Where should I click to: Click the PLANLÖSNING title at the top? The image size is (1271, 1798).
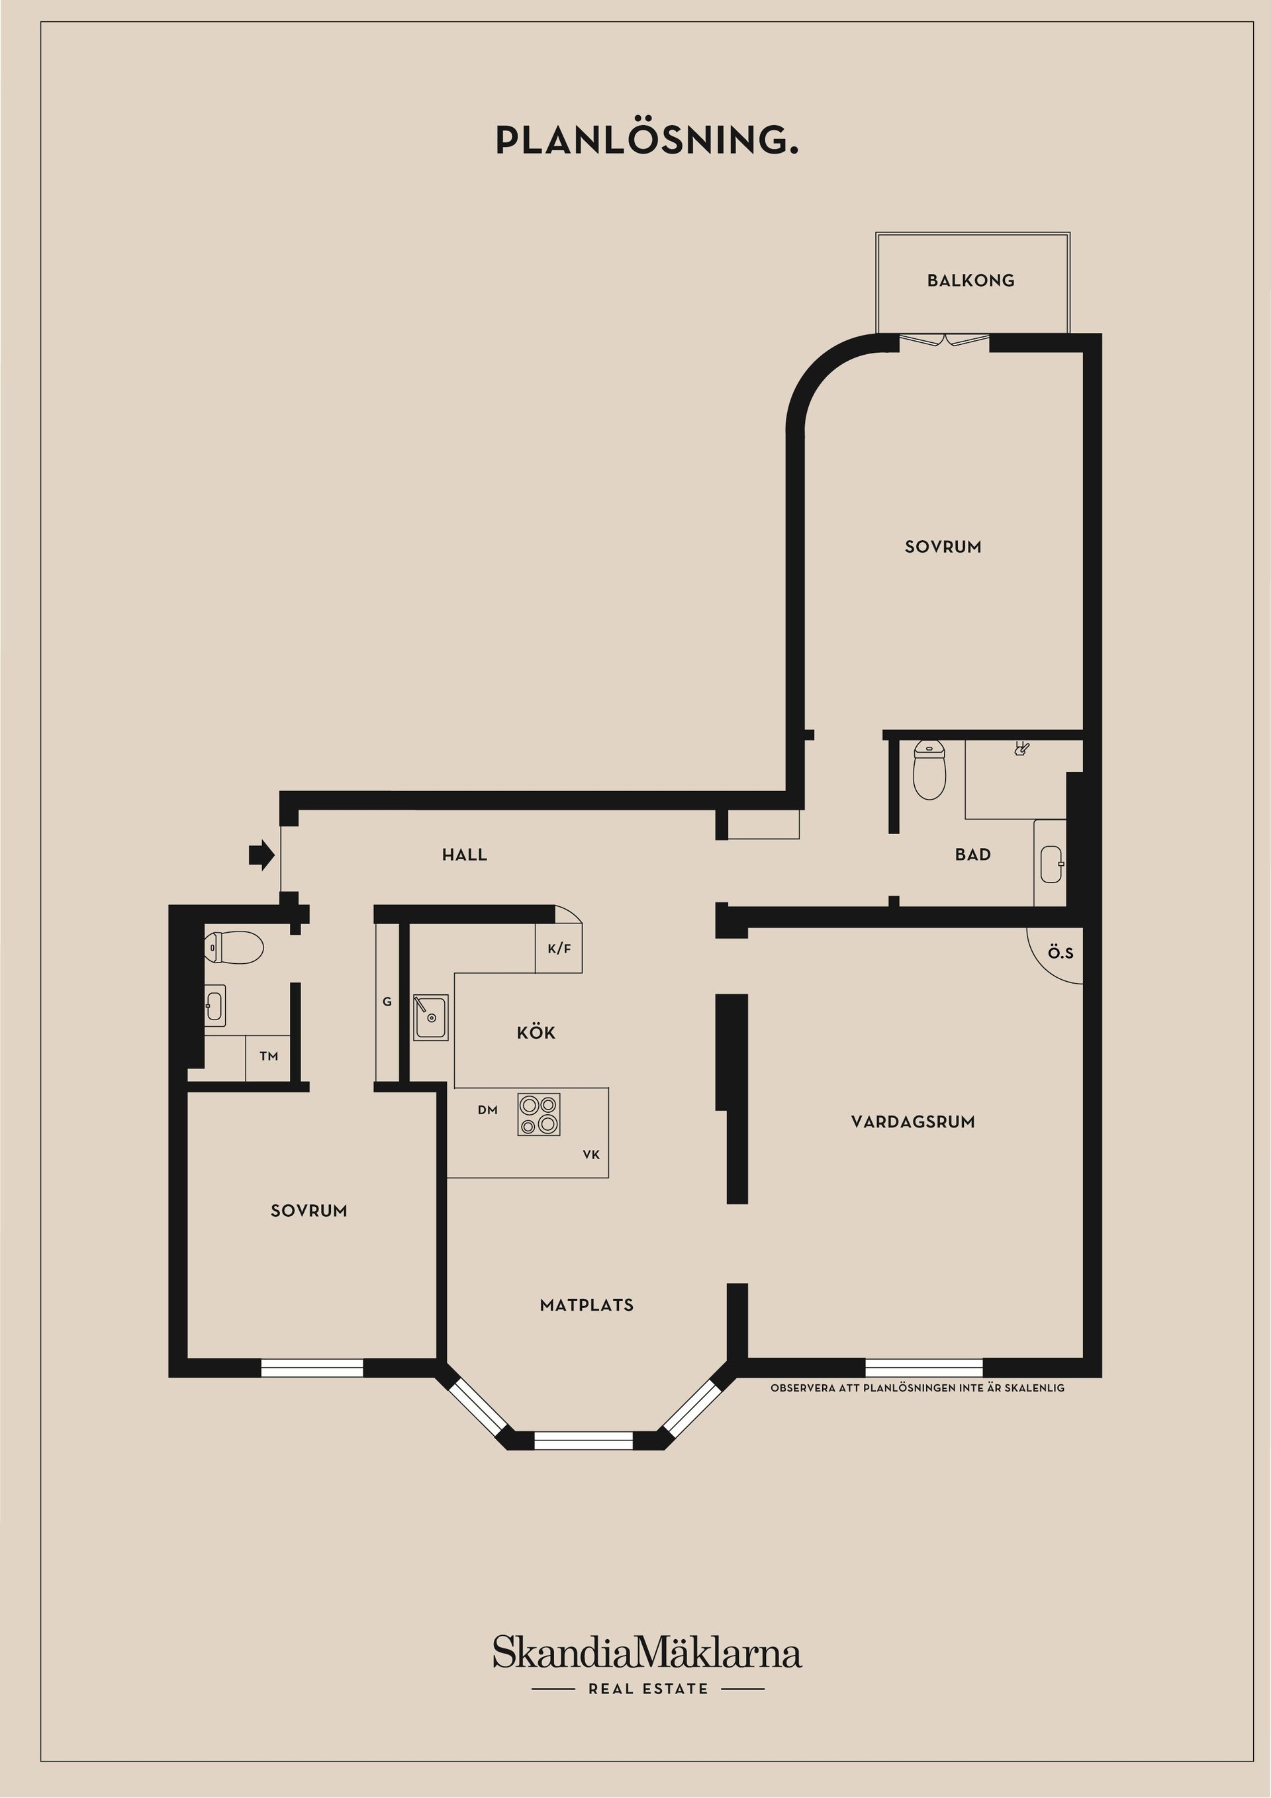pyautogui.click(x=647, y=140)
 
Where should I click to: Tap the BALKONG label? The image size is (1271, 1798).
pyautogui.click(x=970, y=280)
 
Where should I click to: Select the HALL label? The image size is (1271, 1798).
pyautogui.click(x=465, y=855)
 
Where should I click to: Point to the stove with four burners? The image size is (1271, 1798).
pyautogui.click(x=539, y=1114)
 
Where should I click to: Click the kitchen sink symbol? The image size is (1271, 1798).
pyautogui.click(x=431, y=1017)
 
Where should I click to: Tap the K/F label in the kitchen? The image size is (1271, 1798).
pyautogui.click(x=559, y=949)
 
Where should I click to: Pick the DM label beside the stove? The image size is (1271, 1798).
pyautogui.click(x=488, y=1110)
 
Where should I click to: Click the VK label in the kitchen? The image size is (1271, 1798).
pyautogui.click(x=591, y=1155)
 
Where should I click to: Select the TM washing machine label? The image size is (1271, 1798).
pyautogui.click(x=269, y=1057)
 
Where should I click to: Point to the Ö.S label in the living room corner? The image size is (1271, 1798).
pyautogui.click(x=1060, y=953)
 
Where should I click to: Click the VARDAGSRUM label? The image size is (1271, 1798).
pyautogui.click(x=912, y=1121)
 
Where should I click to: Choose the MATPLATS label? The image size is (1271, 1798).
pyautogui.click(x=587, y=1305)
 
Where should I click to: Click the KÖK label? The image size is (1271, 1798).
pyautogui.click(x=536, y=1033)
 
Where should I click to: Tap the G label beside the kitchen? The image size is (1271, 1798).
pyautogui.click(x=387, y=1002)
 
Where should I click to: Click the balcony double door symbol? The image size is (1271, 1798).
pyautogui.click(x=945, y=340)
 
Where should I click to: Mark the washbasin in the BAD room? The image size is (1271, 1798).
pyautogui.click(x=1050, y=864)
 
